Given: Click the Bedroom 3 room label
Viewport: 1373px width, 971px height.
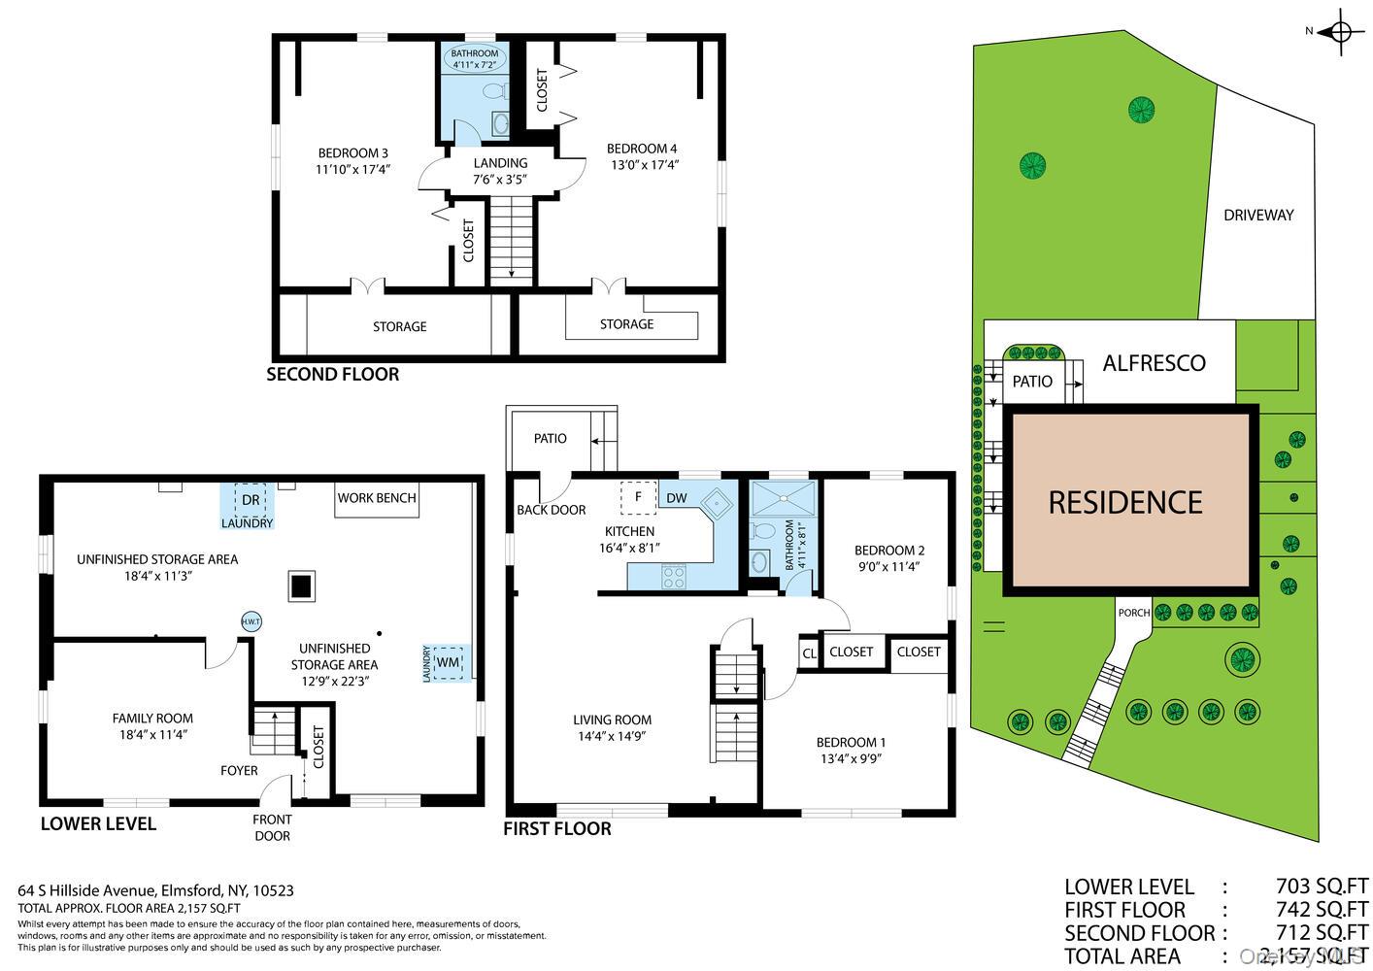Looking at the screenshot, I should point(353,152).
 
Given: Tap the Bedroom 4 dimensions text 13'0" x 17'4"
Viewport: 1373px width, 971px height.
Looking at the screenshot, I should point(642,165).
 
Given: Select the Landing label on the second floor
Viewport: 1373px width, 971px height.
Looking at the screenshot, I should point(500,163).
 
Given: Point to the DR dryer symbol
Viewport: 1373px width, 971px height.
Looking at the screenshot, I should point(251,500).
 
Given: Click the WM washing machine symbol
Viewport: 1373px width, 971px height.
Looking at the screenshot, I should point(447,662).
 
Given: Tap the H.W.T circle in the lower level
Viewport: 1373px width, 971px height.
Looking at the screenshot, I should point(251,621).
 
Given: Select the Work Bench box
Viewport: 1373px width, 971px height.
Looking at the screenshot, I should point(377,498).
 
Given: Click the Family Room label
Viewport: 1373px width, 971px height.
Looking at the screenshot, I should point(152,719).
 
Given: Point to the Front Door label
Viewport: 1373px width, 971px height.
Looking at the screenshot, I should point(272,827).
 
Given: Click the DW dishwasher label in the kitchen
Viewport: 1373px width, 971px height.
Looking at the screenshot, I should point(677,498).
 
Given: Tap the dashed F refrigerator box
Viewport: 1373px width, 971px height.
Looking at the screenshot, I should point(638,497).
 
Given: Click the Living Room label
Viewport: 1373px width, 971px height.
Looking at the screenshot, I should point(612,720).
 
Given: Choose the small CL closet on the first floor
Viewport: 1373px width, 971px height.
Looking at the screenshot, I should point(809,653).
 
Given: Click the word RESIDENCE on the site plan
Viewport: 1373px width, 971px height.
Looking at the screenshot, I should point(1125,502).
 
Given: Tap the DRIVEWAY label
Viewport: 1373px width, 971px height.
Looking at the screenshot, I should point(1258,216).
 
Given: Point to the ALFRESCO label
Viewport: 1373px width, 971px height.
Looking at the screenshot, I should point(1154,363).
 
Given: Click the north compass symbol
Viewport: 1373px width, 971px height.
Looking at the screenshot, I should point(1343,31).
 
